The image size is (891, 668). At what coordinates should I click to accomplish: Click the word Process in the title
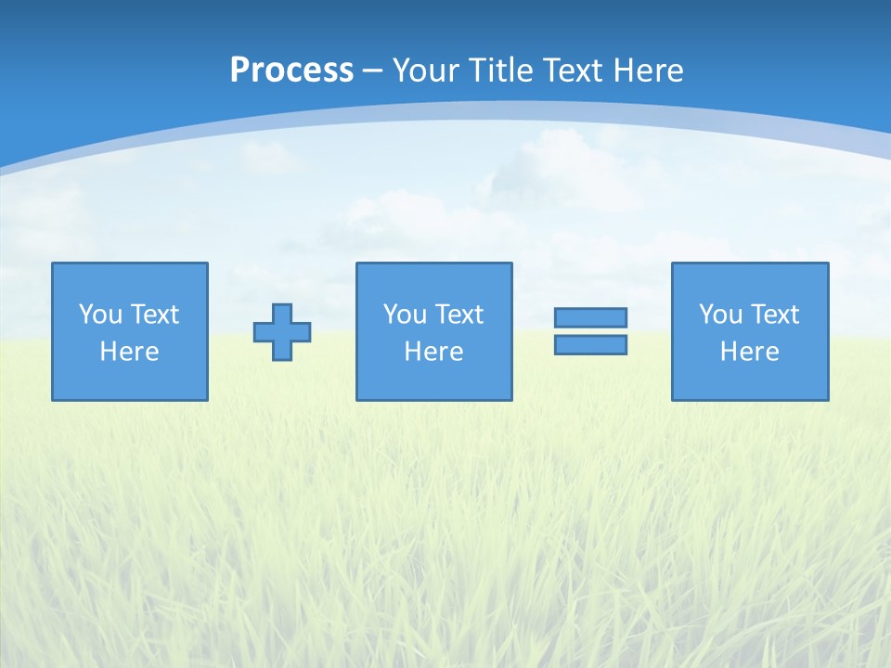291,71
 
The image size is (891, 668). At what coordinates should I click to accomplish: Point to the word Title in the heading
500,71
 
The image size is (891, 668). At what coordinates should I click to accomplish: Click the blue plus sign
282,332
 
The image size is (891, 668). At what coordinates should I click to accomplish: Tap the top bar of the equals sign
590,317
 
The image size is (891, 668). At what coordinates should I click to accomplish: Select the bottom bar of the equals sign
590,345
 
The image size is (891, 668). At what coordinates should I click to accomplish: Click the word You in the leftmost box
99,315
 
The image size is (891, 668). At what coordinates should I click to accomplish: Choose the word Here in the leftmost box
129,352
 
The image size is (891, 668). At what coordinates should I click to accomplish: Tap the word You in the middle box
404,315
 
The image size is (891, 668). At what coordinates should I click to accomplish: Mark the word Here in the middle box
433,352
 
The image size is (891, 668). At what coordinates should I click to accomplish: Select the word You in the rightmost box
719,315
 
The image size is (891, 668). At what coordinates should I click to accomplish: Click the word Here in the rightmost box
749,352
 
